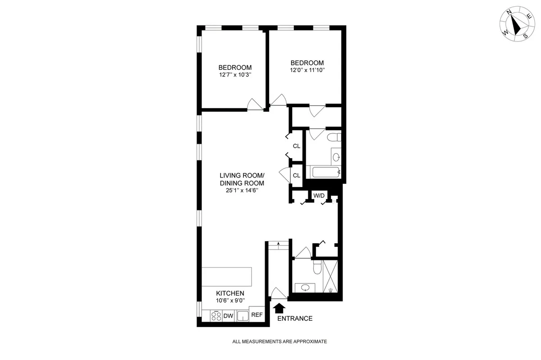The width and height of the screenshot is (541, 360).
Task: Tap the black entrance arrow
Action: tap(280, 308)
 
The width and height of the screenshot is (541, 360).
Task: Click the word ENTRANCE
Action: tap(294, 319)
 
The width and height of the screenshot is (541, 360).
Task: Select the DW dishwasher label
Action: tap(229, 316)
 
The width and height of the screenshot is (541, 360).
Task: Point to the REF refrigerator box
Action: tap(257, 315)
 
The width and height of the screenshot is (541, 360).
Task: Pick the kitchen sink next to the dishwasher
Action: tap(243, 316)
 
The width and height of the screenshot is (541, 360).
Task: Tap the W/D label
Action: tap(319, 196)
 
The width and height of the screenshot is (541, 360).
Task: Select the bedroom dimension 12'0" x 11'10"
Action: tap(307, 70)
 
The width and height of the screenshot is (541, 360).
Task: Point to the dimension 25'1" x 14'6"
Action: tap(242, 191)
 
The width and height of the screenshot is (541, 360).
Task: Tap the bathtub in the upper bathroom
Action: tap(323, 172)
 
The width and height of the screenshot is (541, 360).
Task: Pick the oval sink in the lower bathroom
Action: tap(305, 287)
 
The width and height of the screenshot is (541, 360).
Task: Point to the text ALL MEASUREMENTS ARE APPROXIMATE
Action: tap(280, 342)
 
